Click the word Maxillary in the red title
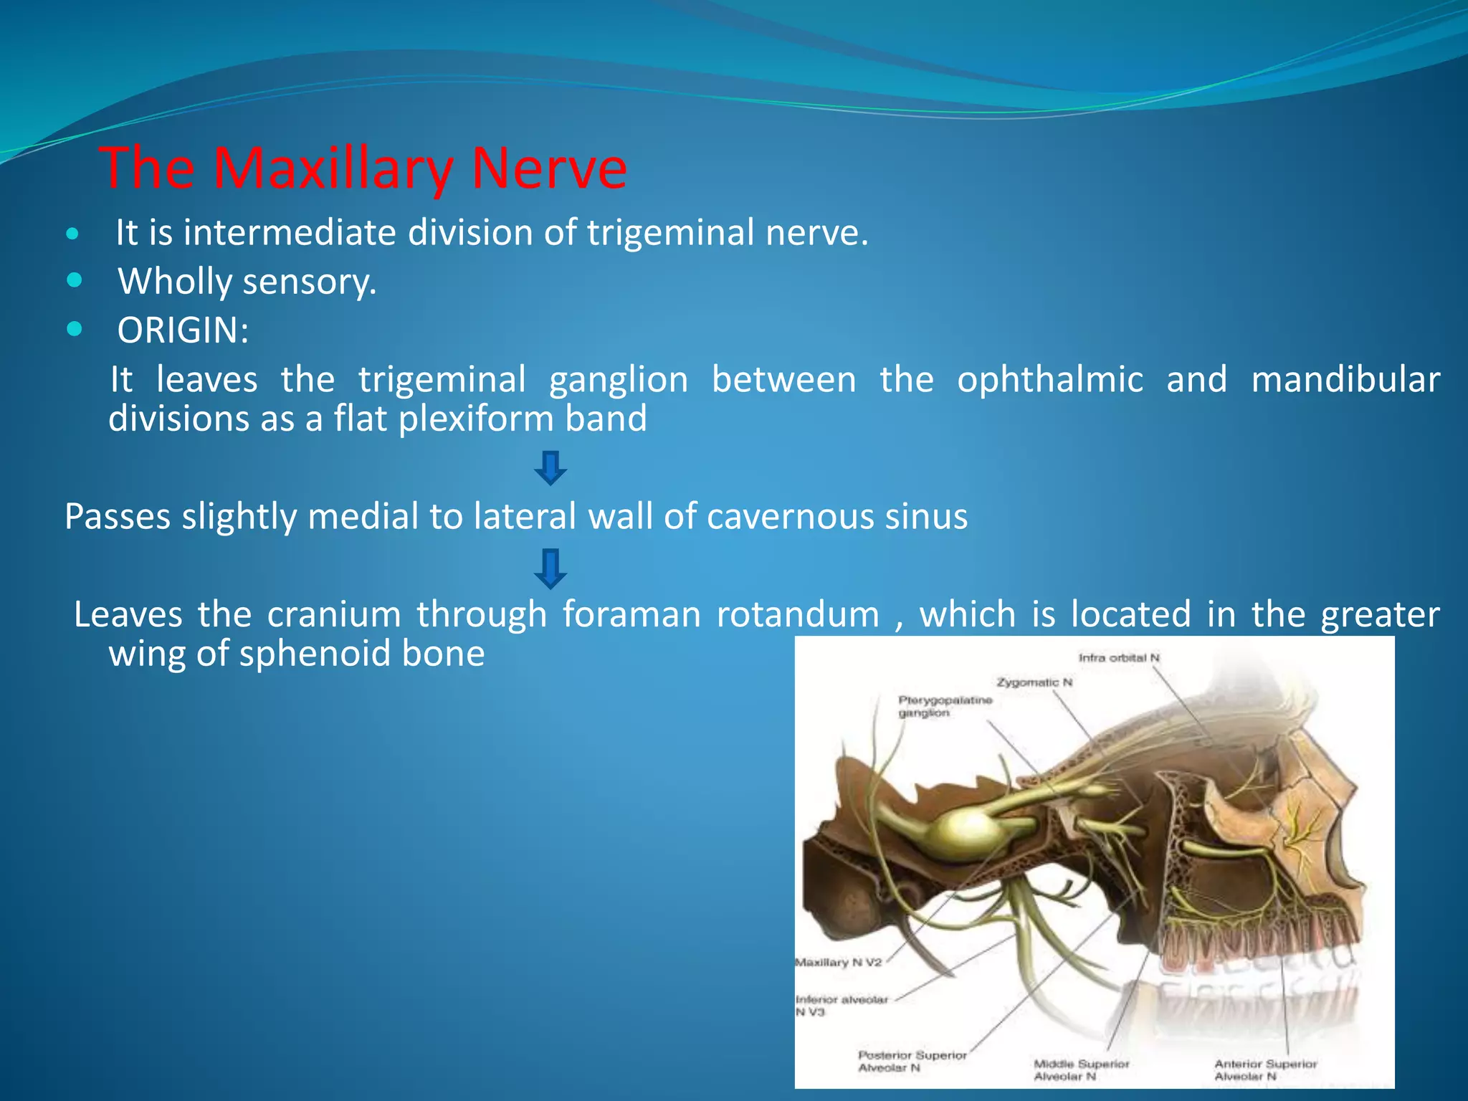point(333,169)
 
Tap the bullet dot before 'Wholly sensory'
point(74,280)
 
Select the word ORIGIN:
point(183,330)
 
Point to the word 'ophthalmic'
point(1049,380)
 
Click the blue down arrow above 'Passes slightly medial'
point(550,467)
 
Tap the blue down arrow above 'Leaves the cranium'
point(550,568)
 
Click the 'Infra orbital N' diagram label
point(1119,657)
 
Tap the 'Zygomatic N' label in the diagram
point(1034,682)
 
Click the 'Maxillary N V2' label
point(838,962)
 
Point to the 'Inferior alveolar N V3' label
point(841,1005)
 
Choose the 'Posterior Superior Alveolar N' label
point(912,1061)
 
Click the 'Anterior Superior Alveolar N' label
point(1265,1069)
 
